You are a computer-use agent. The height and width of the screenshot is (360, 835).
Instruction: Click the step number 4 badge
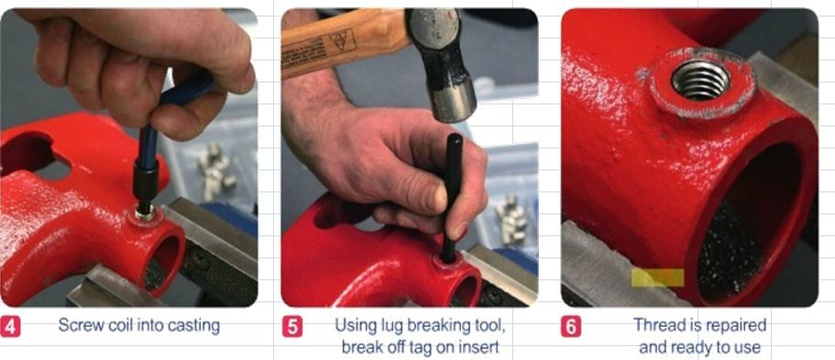click(10, 326)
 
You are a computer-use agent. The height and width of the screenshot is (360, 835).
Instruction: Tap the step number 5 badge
click(291, 326)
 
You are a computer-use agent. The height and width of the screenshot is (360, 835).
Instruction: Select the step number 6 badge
click(571, 326)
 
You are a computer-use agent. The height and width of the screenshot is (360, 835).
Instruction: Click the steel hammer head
click(442, 64)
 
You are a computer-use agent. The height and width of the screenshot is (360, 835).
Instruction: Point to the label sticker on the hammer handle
click(318, 49)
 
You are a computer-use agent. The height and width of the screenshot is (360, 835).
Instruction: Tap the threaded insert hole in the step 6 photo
click(700, 80)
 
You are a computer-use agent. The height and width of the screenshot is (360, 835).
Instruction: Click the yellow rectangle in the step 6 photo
click(658, 278)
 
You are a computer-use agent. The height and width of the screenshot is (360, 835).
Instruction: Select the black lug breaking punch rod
click(452, 198)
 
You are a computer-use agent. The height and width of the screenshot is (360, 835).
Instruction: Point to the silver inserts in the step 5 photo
click(511, 217)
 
